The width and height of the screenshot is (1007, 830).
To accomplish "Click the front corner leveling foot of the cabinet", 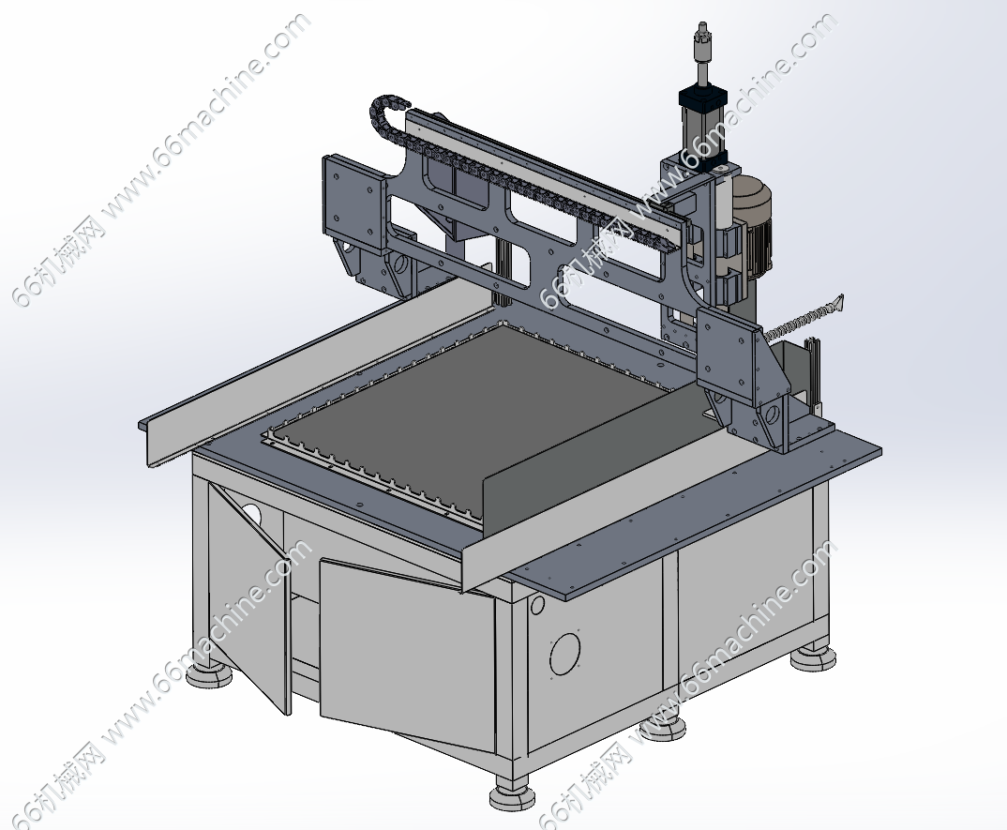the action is [512, 794].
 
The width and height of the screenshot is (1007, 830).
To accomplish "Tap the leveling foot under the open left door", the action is [209, 673].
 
